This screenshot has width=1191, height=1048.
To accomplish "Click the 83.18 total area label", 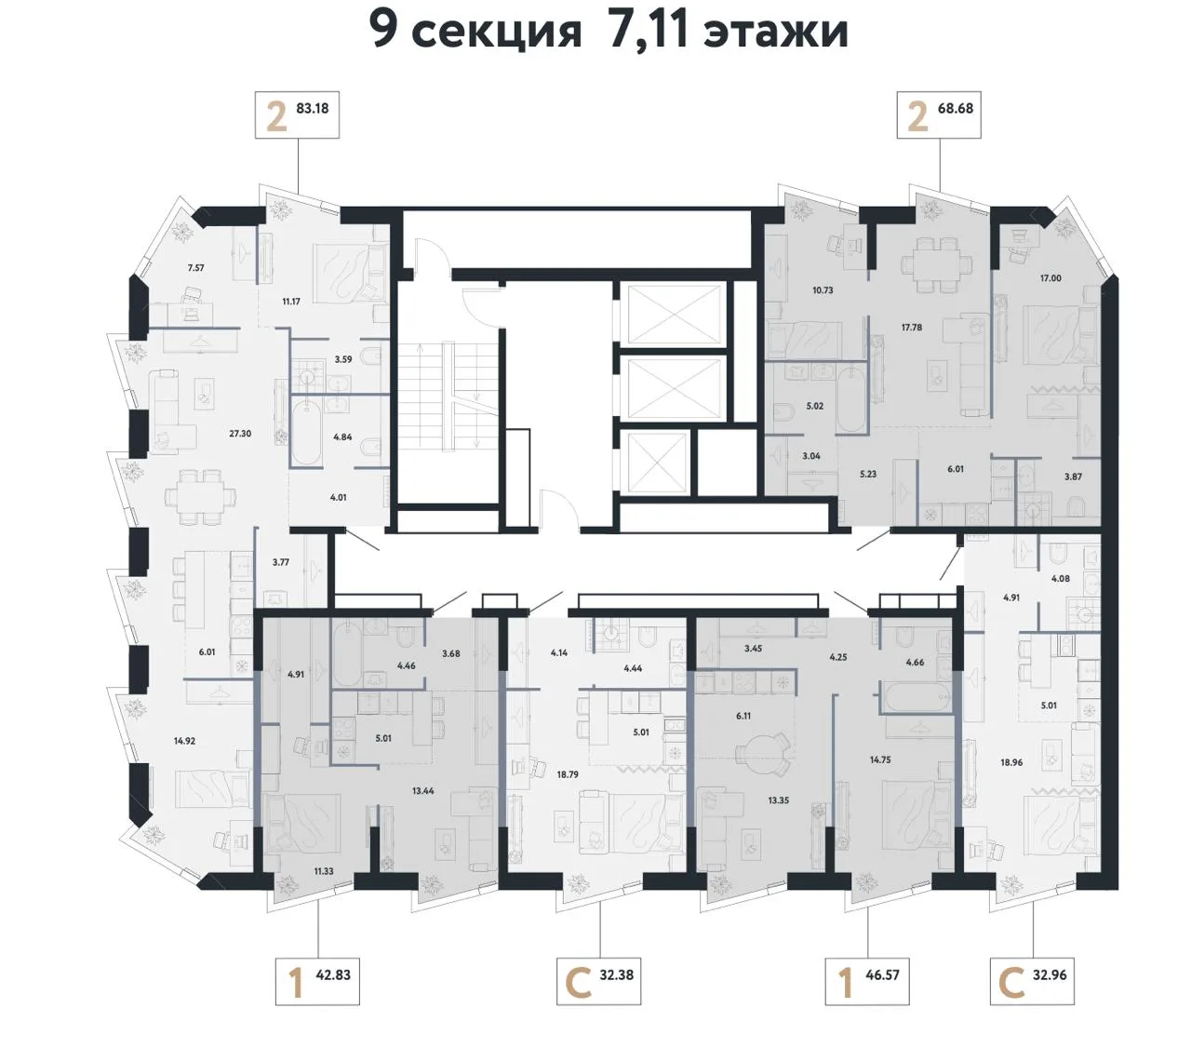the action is click(x=312, y=108).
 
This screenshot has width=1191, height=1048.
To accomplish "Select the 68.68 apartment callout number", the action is click(x=956, y=108).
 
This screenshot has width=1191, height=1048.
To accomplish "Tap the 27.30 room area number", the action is click(x=240, y=434).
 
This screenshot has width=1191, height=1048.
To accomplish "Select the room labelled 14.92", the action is click(x=184, y=741).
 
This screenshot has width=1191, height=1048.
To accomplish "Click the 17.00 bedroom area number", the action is click(x=1050, y=278).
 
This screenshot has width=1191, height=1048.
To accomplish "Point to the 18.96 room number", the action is click(x=1011, y=762).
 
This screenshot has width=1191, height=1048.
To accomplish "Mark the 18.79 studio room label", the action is click(x=568, y=774).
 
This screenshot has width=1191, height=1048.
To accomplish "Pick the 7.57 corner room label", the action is click(x=195, y=268).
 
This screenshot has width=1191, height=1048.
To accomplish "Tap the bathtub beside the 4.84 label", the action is click(x=306, y=432).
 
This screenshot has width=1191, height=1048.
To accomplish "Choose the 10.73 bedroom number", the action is click(x=823, y=290).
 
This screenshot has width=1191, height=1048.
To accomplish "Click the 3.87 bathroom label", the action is click(x=1073, y=477).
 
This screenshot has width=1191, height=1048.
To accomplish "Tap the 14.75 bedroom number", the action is click(x=880, y=759).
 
